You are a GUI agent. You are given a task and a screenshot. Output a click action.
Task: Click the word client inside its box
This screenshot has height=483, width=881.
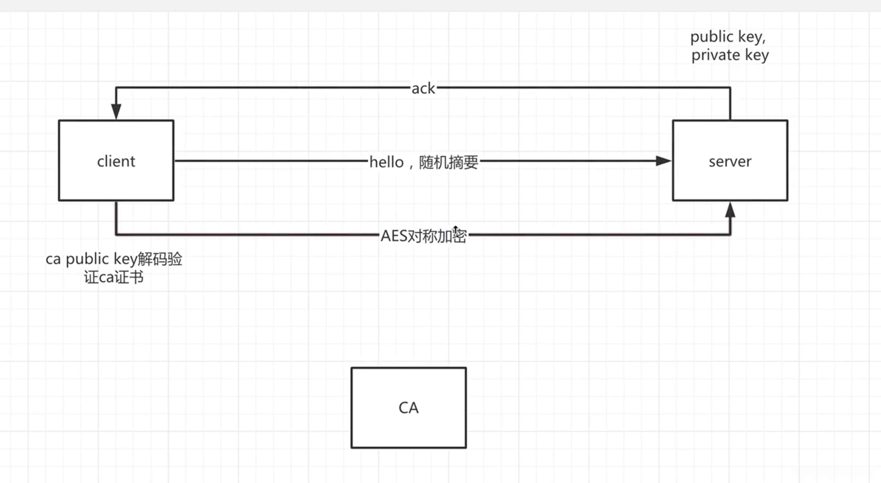(116, 162)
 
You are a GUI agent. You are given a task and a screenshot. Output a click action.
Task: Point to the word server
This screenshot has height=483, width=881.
(730, 162)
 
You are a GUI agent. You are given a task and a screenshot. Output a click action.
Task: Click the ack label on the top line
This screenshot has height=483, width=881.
(423, 88)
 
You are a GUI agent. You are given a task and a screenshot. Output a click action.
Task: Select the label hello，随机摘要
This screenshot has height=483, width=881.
(423, 162)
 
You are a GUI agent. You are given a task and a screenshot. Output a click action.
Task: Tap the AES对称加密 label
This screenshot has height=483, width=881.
(423, 236)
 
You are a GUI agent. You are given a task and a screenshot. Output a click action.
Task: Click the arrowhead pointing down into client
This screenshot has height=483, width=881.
(116, 111)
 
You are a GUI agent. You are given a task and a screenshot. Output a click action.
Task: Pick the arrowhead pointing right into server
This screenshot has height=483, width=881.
(663, 161)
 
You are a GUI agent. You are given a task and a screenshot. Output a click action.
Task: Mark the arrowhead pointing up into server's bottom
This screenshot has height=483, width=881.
(730, 210)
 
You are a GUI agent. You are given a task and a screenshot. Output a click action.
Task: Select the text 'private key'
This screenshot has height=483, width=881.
(730, 55)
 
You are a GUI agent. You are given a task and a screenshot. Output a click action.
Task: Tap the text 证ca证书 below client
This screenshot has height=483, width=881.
(114, 277)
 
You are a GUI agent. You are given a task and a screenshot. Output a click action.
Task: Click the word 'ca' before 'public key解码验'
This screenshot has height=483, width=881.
(53, 259)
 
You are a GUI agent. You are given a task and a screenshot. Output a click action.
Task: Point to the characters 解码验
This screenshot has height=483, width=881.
(160, 259)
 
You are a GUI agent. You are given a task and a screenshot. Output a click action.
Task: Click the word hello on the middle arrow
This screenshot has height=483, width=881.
(386, 162)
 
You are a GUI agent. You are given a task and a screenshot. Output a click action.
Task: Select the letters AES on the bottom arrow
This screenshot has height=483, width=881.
(394, 236)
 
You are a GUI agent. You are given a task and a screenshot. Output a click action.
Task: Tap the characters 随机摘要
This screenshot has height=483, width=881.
(448, 162)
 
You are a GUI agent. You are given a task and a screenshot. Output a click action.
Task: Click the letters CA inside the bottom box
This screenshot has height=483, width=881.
(408, 407)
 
